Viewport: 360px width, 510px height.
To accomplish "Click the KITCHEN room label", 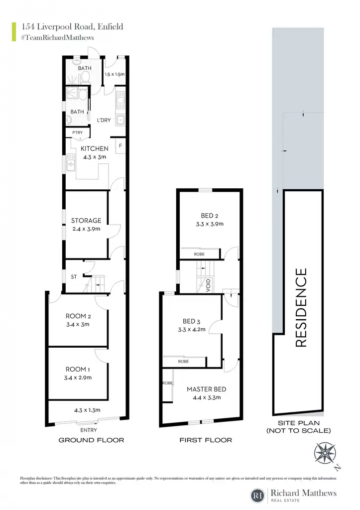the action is tap(94, 148).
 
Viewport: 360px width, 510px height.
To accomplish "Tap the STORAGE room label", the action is tap(86, 221).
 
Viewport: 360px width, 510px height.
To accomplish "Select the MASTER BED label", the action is tap(207, 389).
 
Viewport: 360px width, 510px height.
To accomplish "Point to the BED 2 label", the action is tap(210, 216).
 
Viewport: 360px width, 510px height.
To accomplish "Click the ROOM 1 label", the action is tap(78, 370).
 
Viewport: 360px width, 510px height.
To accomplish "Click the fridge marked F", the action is tap(120, 146).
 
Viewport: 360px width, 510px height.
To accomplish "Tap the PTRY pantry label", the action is tap(77, 132).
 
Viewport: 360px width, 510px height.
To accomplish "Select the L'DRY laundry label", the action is tap(104, 120).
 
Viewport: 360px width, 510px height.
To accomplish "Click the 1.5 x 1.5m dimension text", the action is tap(115, 74).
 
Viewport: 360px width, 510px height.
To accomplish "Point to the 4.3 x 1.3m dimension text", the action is tap(87, 410).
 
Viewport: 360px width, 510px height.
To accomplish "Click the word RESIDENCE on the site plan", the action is tap(301, 307).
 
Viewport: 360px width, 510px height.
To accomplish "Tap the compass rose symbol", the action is tap(325, 453).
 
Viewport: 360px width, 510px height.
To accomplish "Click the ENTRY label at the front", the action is tap(89, 430).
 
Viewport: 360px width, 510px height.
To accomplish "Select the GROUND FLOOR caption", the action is tap(92, 440).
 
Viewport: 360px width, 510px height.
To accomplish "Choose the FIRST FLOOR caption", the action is tap(206, 440).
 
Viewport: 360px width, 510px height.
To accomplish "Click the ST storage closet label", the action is tap(74, 277).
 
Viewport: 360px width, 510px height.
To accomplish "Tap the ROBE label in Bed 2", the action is tap(199, 254).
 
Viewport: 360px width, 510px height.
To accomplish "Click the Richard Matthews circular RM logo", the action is tap(258, 496).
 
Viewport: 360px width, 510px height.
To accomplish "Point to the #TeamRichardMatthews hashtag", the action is tap(57, 37).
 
